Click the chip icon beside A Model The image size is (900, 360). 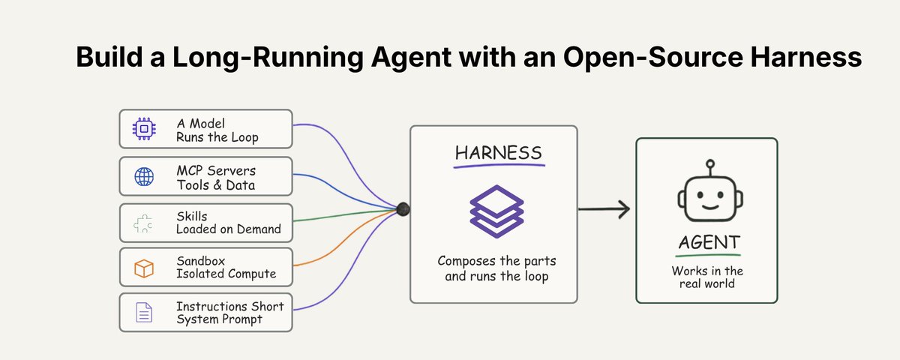pos(144,129)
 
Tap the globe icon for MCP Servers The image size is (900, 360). pos(144,177)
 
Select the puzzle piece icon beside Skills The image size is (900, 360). pos(143,223)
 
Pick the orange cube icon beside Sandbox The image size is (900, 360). pos(144,268)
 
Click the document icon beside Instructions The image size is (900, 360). pos(144,312)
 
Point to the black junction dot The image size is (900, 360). pos(403,209)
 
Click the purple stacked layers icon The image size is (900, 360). pos(497,211)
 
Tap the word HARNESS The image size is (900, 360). pos(499,153)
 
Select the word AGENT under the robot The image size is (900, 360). pos(709,243)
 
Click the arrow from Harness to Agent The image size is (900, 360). pos(604,209)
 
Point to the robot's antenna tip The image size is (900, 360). pos(710,163)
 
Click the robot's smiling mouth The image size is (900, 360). pos(710,207)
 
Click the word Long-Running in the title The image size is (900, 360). pos(268,58)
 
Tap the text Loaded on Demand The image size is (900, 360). pos(229,229)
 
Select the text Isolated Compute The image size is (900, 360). pos(226,274)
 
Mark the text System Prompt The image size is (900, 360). pos(219,319)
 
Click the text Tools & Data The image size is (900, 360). pos(216,185)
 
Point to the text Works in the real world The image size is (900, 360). pos(707,277)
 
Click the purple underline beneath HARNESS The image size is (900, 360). pos(499,166)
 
